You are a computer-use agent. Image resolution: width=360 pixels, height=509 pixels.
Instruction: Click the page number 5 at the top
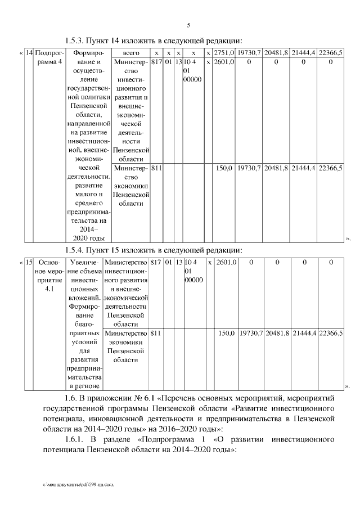pos(188,25)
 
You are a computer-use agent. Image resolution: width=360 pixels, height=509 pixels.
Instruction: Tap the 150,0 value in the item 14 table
pos(225,168)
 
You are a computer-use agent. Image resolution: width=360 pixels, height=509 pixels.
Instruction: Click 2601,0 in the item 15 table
pos(227,262)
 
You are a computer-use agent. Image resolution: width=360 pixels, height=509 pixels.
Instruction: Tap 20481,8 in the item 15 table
pos(277,334)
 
